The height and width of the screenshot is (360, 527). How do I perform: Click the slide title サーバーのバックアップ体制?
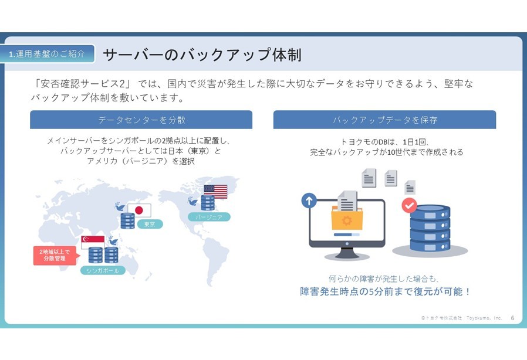(x=202, y=55)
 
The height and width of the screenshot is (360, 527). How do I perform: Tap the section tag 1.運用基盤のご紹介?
(x=47, y=54)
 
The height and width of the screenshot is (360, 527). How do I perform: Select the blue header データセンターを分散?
(x=141, y=120)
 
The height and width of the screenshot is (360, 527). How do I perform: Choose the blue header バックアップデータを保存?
(x=384, y=120)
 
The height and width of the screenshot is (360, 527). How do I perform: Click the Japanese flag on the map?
(x=139, y=210)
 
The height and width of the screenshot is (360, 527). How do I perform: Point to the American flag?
(x=215, y=192)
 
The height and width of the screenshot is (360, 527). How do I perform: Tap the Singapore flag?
(x=93, y=242)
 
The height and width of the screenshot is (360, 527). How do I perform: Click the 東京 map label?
(x=150, y=224)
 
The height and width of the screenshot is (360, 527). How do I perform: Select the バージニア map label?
(x=209, y=217)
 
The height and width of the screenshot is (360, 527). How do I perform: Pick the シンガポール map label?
(x=103, y=270)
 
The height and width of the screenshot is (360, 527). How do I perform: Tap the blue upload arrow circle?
(x=309, y=201)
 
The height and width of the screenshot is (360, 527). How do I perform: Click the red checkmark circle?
(x=409, y=205)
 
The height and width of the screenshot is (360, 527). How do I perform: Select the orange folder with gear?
(x=347, y=218)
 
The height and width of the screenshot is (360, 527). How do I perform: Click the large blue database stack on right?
(x=430, y=228)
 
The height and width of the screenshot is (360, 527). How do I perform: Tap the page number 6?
(x=512, y=318)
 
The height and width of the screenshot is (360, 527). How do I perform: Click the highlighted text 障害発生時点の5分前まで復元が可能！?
(x=385, y=291)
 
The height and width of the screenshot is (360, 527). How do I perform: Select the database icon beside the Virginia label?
(x=208, y=202)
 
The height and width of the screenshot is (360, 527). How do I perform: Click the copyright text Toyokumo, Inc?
(x=484, y=318)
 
